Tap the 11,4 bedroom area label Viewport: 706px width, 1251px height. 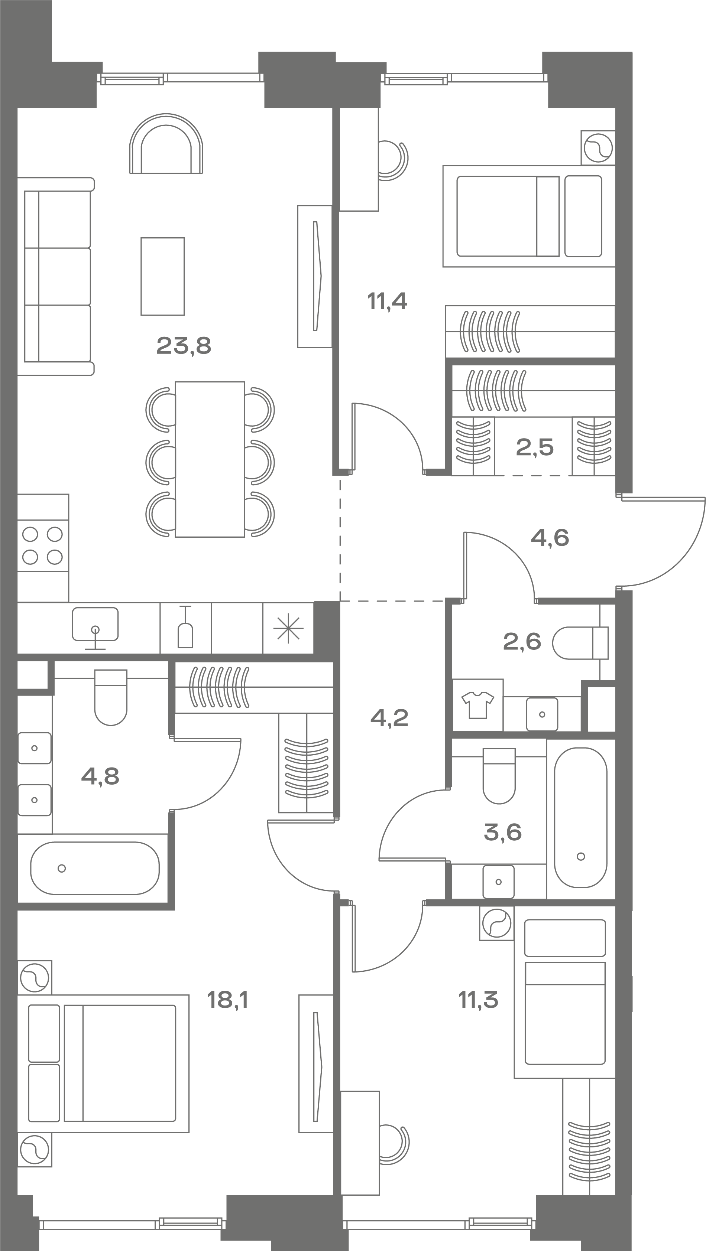387,302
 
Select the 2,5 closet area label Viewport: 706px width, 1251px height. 534,447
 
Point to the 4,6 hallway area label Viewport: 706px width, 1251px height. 550,538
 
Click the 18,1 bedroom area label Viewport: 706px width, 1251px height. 227,1000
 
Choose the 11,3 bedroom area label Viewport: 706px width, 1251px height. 478,1000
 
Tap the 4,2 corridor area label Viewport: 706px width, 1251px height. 389,718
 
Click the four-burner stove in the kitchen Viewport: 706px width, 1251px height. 43,545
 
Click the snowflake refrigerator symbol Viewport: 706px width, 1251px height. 288,628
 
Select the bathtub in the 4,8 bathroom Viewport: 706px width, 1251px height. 95,868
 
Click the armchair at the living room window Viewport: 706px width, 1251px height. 166,144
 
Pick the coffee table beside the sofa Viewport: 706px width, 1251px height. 163,276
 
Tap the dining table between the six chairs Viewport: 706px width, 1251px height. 210,459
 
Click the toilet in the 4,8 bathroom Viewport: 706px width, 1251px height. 111,697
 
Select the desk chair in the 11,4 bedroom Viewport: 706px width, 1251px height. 393,161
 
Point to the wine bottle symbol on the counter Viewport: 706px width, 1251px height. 185,626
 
